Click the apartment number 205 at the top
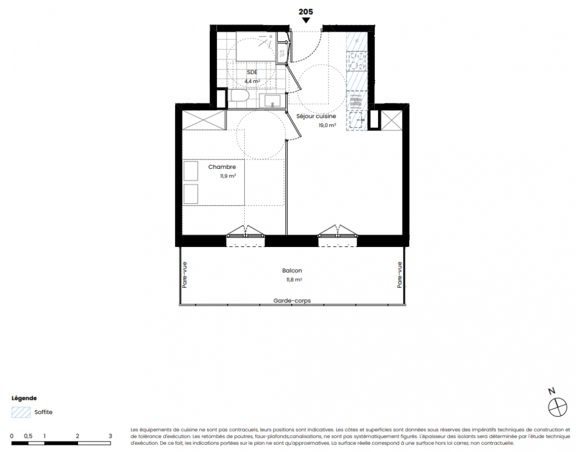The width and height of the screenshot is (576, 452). pyautogui.click(x=306, y=12)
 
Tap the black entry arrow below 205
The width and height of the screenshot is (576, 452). pyautogui.click(x=306, y=20)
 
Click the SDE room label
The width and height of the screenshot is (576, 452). pyautogui.click(x=252, y=72)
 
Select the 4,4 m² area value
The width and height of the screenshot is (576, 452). pyautogui.click(x=252, y=81)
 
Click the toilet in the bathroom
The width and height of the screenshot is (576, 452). pyautogui.click(x=240, y=96)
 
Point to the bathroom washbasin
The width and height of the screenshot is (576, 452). pyautogui.click(x=272, y=101)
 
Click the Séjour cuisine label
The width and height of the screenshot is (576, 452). pyautogui.click(x=316, y=116)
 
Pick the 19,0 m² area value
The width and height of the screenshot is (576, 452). pyautogui.click(x=327, y=125)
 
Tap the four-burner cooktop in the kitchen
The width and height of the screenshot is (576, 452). pyautogui.click(x=357, y=61)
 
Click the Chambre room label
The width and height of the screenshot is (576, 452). pyautogui.click(x=222, y=167)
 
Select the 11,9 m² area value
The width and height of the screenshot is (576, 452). pyautogui.click(x=228, y=176)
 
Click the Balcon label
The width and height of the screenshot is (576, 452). pyautogui.click(x=292, y=271)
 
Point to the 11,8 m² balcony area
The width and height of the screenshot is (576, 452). pyautogui.click(x=294, y=280)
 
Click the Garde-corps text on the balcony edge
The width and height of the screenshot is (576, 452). pyautogui.click(x=292, y=301)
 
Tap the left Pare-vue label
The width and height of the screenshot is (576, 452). pyautogui.click(x=184, y=275)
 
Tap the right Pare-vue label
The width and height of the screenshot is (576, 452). pyautogui.click(x=399, y=275)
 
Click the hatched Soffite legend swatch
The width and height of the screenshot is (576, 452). pyautogui.click(x=21, y=412)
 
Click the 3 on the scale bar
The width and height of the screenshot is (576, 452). pyautogui.click(x=110, y=436)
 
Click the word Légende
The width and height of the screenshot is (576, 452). pyautogui.click(x=24, y=398)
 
